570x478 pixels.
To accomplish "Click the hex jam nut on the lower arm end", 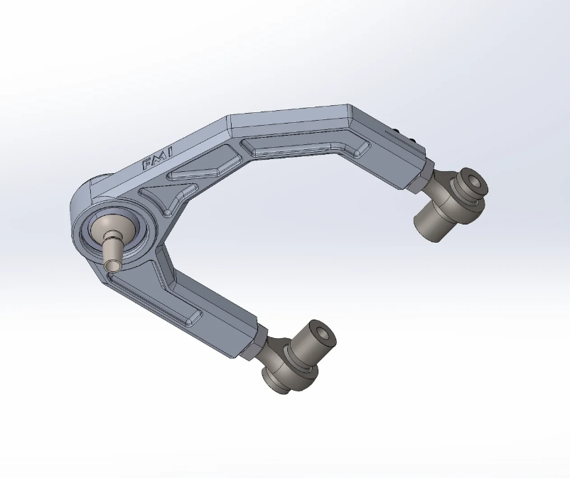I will (x=259, y=342).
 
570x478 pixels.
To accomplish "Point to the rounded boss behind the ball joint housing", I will (x=96, y=188).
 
